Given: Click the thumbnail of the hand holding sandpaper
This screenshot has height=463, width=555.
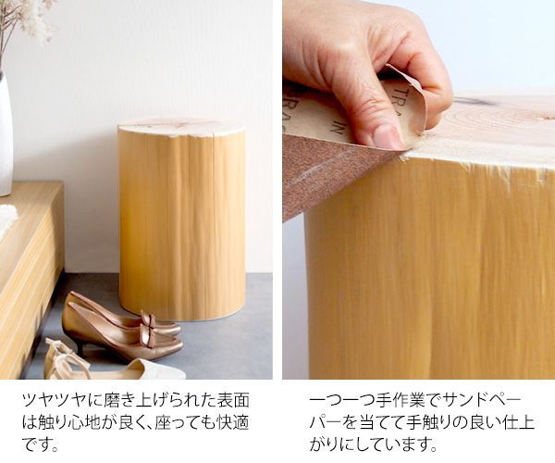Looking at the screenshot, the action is (x=419, y=190).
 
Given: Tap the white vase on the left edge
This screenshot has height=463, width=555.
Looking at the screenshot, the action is (x=6, y=134).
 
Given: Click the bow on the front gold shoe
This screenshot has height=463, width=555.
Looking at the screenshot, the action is (x=148, y=327).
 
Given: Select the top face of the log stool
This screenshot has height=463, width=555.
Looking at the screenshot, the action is (x=181, y=127).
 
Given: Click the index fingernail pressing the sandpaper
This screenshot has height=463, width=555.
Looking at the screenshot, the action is (x=388, y=136).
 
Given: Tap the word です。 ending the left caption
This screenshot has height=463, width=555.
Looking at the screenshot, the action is (x=41, y=444).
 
